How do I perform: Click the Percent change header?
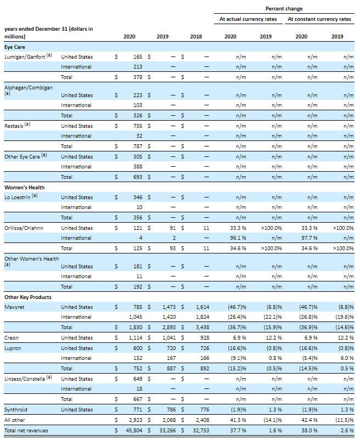pyautogui.click(x=284, y=9)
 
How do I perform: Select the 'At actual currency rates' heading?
pyautogui.click(x=249, y=19)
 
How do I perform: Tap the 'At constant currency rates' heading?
pyautogui.click(x=319, y=19)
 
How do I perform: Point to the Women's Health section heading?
pyautogui.click(x=25, y=187)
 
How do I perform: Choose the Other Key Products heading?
pyautogui.click(x=28, y=297)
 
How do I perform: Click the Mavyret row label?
pyautogui.click(x=14, y=307)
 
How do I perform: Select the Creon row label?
pyautogui.click(x=12, y=338)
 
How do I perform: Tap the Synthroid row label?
pyautogui.click(x=16, y=410)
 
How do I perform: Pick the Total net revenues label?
pyautogui.click(x=26, y=431)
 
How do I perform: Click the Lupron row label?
pyautogui.click(x=13, y=348)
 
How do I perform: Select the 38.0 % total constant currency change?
pyautogui.click(x=310, y=431)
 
